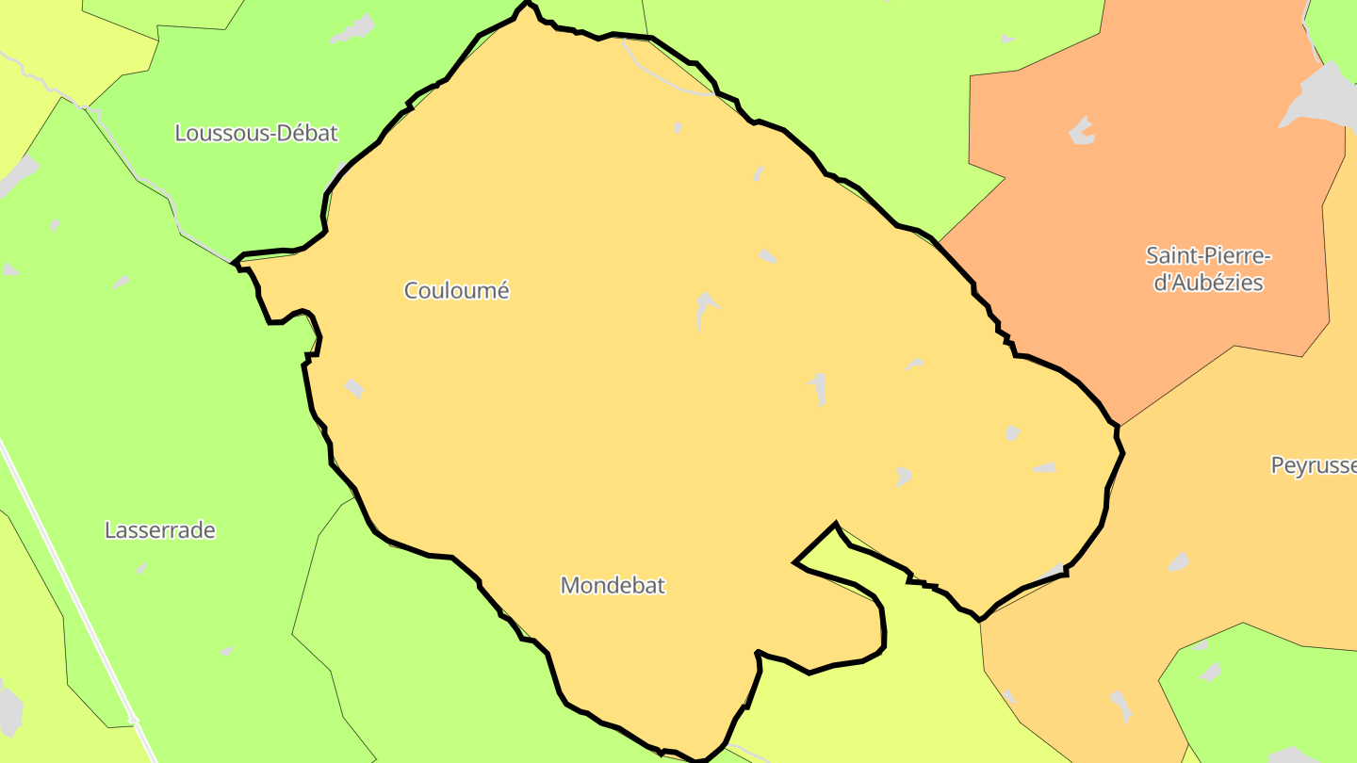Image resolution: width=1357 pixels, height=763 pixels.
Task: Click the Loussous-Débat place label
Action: click(x=256, y=133)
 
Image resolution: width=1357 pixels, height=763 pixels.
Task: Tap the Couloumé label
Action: click(x=457, y=291)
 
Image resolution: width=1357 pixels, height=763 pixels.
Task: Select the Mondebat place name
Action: click(x=613, y=585)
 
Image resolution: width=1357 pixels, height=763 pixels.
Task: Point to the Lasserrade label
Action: click(x=160, y=530)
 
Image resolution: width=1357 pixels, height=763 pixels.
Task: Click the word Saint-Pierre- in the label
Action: click(x=1209, y=255)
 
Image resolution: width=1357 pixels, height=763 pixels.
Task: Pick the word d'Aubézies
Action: click(x=1209, y=282)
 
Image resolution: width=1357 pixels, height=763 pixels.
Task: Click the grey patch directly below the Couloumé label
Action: click(x=354, y=388)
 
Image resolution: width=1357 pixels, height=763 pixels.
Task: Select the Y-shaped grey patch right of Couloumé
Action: click(x=706, y=308)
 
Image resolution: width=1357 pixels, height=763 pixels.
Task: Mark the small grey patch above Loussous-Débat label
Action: click(x=353, y=29)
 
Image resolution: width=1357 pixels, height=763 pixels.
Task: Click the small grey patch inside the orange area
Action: click(x=1082, y=131)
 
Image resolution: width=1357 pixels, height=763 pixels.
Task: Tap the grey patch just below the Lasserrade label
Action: click(x=141, y=568)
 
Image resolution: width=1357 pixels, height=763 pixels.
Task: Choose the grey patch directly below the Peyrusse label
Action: click(x=1178, y=562)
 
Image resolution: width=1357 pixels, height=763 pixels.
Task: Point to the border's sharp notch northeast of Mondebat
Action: click(x=835, y=524)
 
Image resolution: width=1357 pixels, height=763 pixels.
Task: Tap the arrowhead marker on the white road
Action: click(x=133, y=719)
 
